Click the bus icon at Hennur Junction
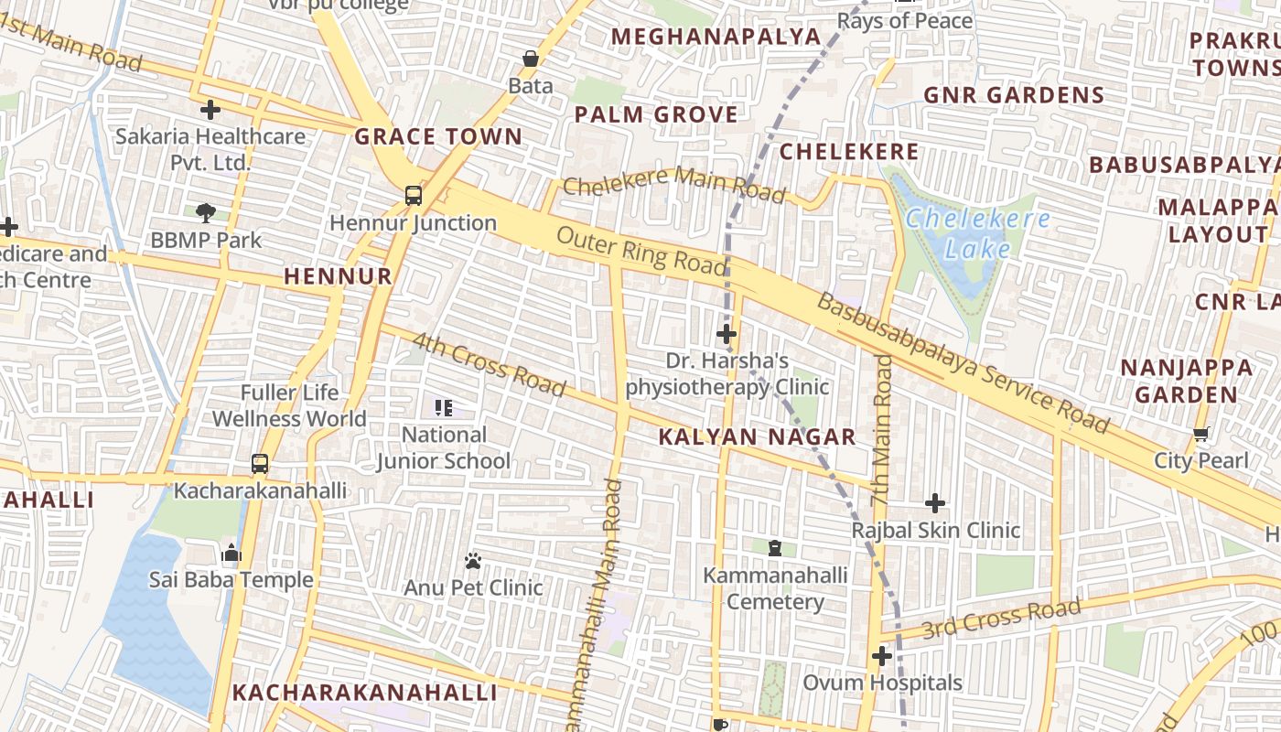pyautogui.click(x=414, y=195)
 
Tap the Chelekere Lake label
pyautogui.click(x=977, y=233)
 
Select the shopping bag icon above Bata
pyautogui.click(x=531, y=59)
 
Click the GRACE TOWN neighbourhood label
pyautogui.click(x=438, y=137)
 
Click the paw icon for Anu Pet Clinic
pyautogui.click(x=473, y=561)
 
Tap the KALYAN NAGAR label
pyautogui.click(x=757, y=437)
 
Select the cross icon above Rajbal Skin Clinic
pyautogui.click(x=935, y=503)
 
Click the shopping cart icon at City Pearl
pyautogui.click(x=1200, y=434)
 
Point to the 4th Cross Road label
pyautogui.click(x=489, y=365)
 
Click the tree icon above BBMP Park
pyautogui.click(x=206, y=213)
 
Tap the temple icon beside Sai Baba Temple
pyautogui.click(x=231, y=553)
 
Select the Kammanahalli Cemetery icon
pyautogui.click(x=775, y=548)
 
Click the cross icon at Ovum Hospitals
pyautogui.click(x=882, y=656)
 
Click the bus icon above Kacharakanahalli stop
pyautogui.click(x=260, y=464)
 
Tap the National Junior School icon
pyautogui.click(x=444, y=407)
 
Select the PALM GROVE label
pyautogui.click(x=656, y=115)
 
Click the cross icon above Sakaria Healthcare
pyautogui.click(x=210, y=110)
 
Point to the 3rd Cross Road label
pyautogui.click(x=1001, y=619)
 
